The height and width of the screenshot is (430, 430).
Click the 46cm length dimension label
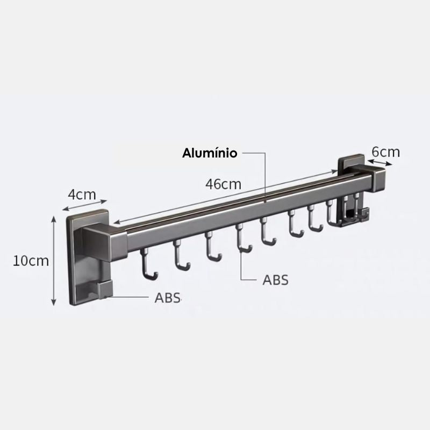[223, 184]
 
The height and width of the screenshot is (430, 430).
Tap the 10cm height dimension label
[31, 261]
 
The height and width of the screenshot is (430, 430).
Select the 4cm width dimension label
[82, 195]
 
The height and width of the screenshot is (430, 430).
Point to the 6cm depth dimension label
[385, 152]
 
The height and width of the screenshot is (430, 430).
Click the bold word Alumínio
[210, 153]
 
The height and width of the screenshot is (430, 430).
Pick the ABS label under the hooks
[275, 280]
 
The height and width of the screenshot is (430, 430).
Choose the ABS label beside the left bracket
[167, 298]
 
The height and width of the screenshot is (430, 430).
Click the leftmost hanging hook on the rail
[148, 264]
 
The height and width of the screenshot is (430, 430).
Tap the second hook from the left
[181, 255]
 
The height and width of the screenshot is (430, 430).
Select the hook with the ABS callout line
[243, 238]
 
